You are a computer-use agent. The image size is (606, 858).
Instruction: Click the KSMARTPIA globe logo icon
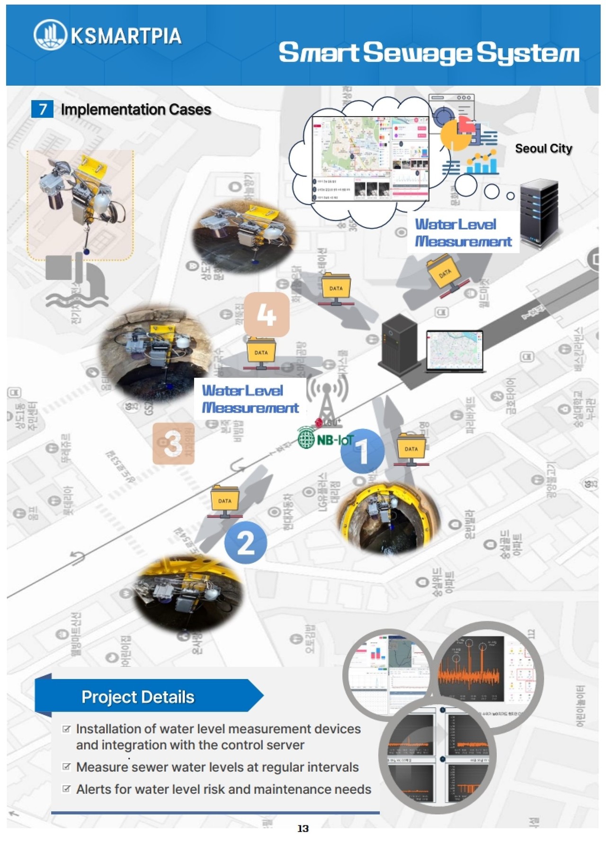(51, 35)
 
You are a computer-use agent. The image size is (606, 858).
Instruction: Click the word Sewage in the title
(418, 53)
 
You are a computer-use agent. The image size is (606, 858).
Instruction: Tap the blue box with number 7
(42, 109)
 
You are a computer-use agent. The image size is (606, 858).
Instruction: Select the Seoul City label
(544, 149)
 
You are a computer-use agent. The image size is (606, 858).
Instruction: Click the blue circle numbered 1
(362, 451)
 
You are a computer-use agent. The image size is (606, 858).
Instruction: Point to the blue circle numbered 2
(245, 543)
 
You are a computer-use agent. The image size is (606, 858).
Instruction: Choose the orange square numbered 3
(173, 443)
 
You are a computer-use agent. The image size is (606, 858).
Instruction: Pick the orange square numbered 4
(267, 314)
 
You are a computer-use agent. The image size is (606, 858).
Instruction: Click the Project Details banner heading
(138, 697)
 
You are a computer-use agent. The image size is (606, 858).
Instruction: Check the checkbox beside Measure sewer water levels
(67, 767)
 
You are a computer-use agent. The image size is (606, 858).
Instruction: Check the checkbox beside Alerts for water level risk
(67, 789)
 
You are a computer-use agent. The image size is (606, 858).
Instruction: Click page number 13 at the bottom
(303, 828)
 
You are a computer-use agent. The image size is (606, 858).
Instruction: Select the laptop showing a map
(455, 351)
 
